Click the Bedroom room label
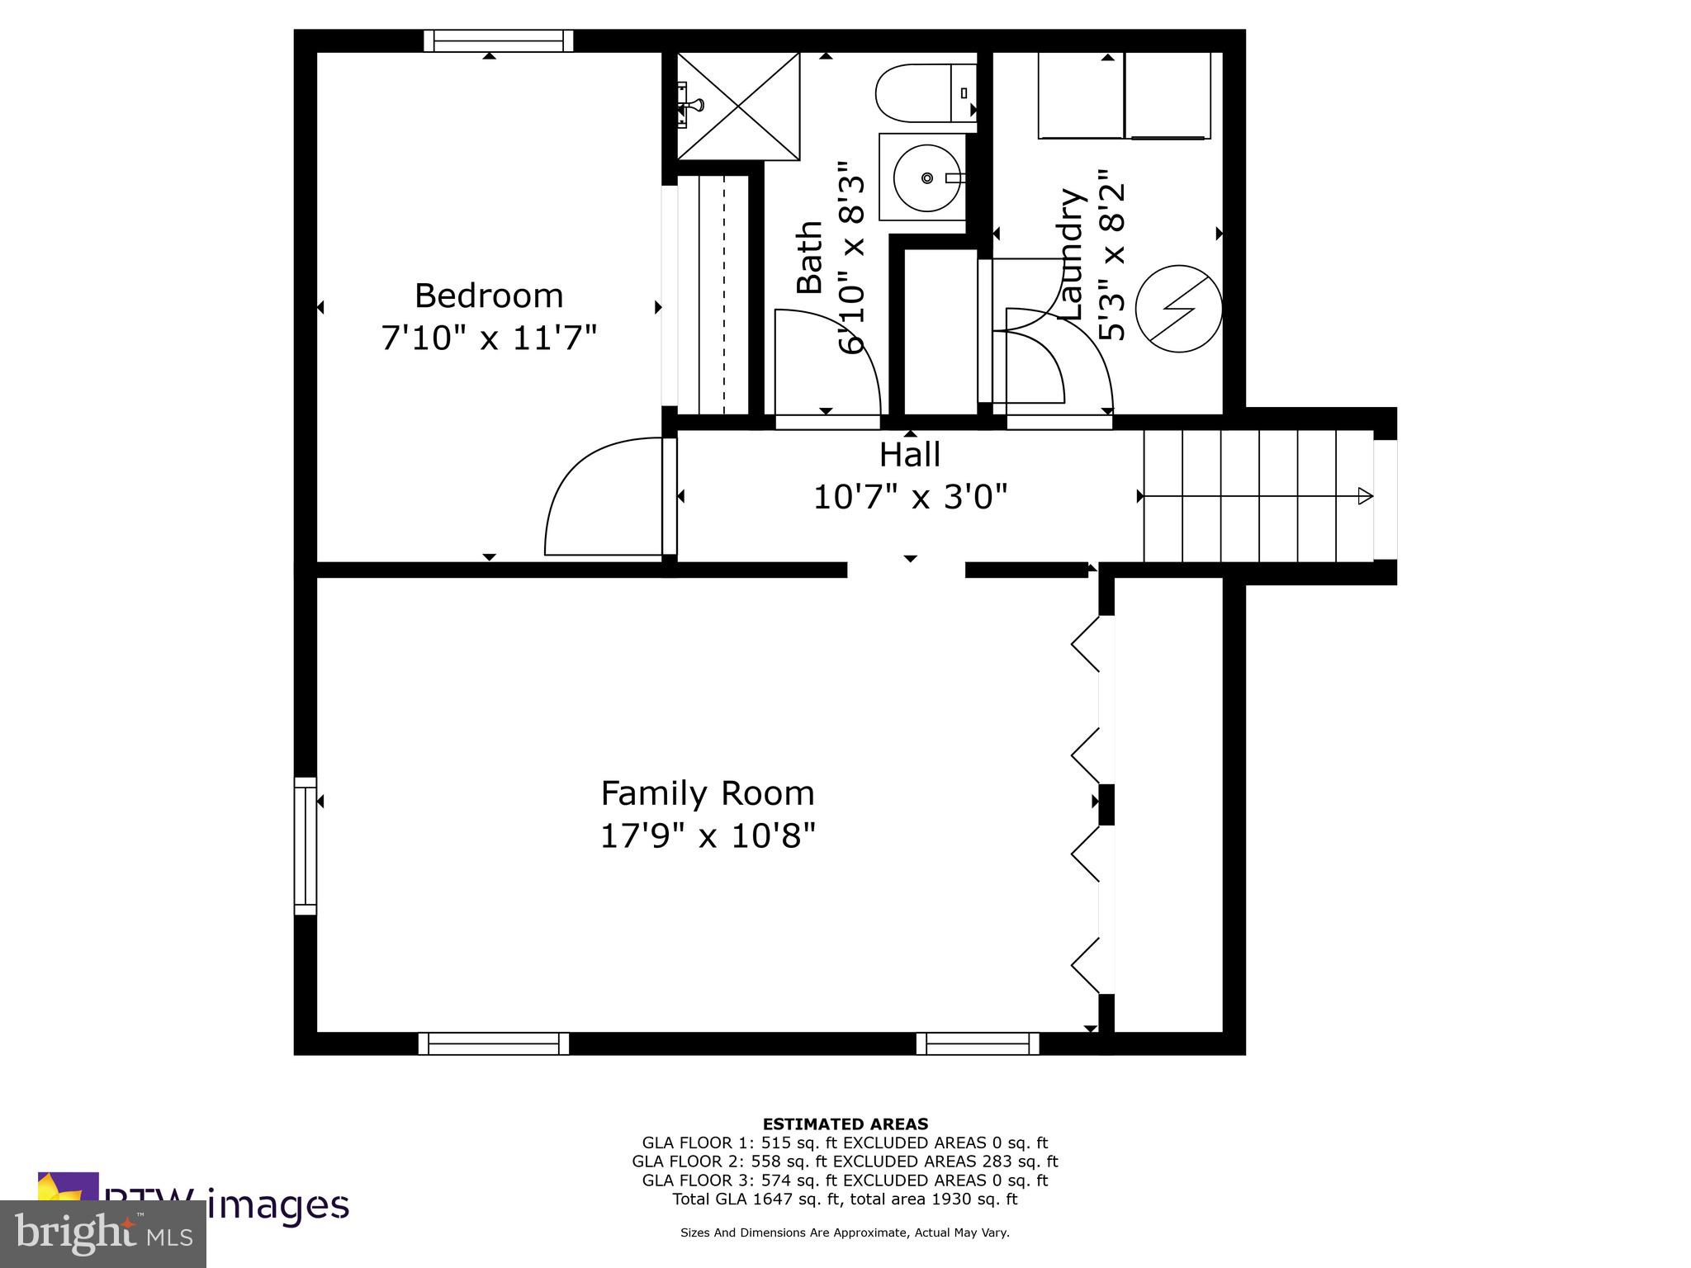point(488,296)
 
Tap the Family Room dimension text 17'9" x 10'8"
point(708,836)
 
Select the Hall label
point(909,455)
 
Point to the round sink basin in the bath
point(927,177)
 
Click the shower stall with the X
point(738,106)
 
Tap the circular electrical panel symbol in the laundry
point(1178,309)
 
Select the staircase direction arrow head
point(1365,496)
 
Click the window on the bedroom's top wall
point(499,40)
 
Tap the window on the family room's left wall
point(306,845)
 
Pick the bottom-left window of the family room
point(494,1043)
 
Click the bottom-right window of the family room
point(978,1043)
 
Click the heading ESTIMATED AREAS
point(845,1124)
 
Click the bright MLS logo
point(102,1233)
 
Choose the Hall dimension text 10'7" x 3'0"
point(910,497)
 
